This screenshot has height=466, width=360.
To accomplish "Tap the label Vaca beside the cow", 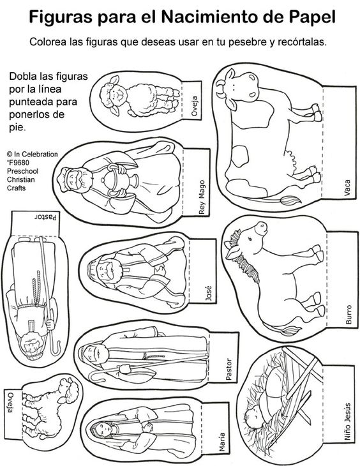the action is tap(347, 187).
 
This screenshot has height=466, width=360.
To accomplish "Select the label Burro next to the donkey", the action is tap(349, 315).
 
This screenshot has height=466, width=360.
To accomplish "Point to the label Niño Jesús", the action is tap(347, 422).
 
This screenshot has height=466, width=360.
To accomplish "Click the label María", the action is tap(221, 442).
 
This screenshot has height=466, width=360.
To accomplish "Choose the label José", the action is tap(209, 293).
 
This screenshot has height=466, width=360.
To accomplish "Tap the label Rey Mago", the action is tap(202, 197).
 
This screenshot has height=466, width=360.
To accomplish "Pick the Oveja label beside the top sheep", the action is tap(195, 106).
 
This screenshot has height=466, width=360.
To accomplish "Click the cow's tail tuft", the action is tap(290, 200).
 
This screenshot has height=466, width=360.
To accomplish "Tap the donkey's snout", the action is tap(261, 228).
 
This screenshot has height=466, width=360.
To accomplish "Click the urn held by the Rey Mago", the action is tap(117, 179).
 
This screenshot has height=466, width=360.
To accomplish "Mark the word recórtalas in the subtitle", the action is tap(302, 41).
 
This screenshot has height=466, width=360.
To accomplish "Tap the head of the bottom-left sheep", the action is tap(70, 391).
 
